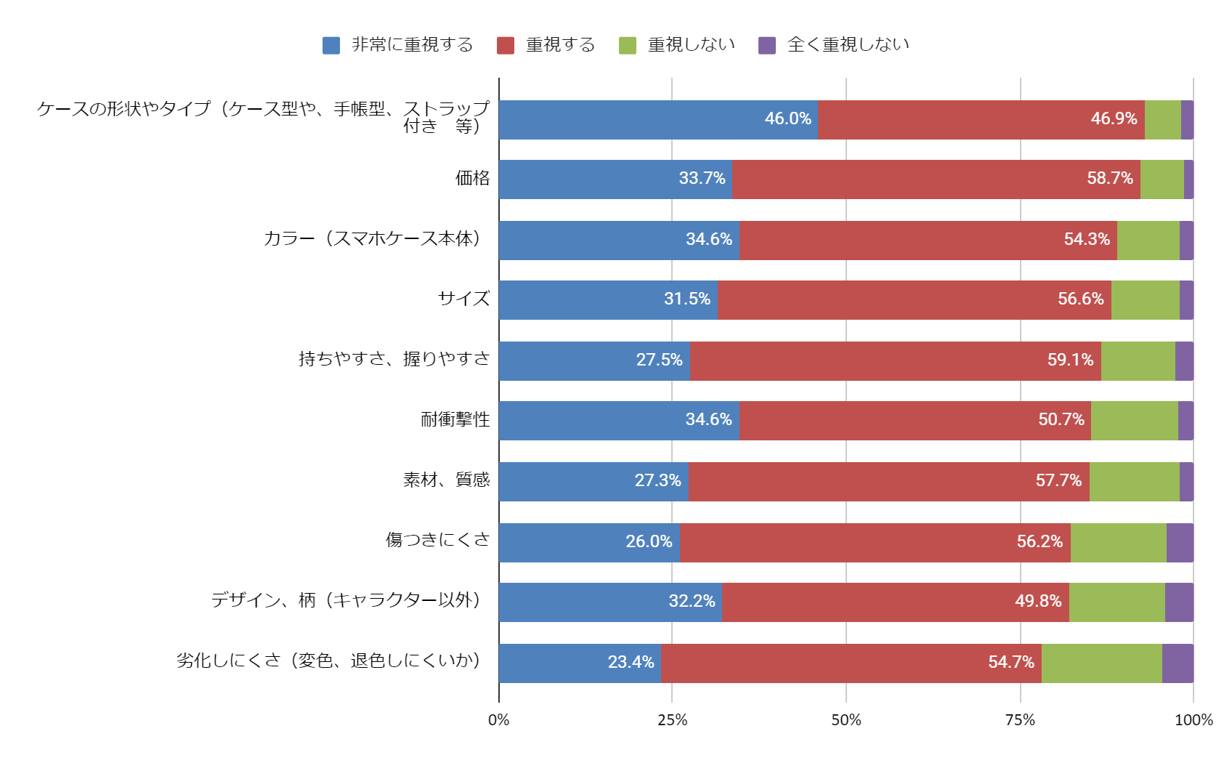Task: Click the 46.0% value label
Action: (787, 118)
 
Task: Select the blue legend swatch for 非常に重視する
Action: (331, 45)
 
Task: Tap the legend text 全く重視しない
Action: (848, 45)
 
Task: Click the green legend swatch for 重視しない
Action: (627, 45)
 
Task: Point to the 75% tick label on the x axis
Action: (1020, 720)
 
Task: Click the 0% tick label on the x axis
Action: (499, 720)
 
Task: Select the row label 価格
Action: (472, 178)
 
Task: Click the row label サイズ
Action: (463, 299)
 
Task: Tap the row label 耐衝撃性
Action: (455, 419)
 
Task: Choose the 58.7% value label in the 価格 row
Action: (1109, 178)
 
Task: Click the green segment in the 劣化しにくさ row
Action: (1101, 663)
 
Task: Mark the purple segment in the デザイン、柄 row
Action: (1179, 602)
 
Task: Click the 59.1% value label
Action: (1070, 360)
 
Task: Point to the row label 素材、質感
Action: (446, 480)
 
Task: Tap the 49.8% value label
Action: (1038, 601)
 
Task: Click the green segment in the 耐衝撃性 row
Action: (1134, 420)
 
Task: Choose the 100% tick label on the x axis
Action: (1193, 720)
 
